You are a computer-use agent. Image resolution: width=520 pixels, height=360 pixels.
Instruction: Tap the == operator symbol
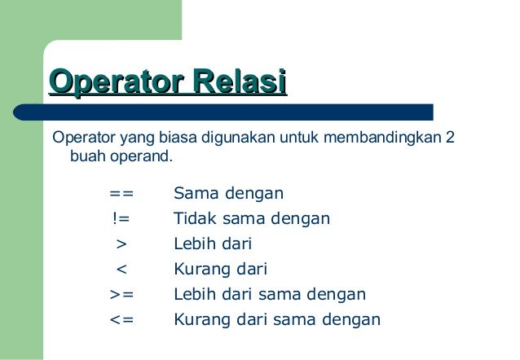click(121, 194)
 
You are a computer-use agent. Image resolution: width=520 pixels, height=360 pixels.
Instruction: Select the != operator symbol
click(121, 219)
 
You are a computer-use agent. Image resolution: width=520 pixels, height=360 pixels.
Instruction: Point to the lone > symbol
click(121, 244)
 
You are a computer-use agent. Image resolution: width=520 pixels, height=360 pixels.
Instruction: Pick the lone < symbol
click(121, 269)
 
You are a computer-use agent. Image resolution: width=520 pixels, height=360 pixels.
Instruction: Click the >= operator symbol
click(121, 294)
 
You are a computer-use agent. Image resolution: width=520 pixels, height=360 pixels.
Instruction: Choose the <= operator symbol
click(121, 319)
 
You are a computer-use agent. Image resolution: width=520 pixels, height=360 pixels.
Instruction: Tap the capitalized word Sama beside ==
click(193, 194)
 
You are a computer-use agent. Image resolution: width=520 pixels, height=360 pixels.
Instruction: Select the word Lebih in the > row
click(194, 244)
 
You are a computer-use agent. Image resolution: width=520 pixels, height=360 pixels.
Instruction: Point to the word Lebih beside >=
click(194, 294)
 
